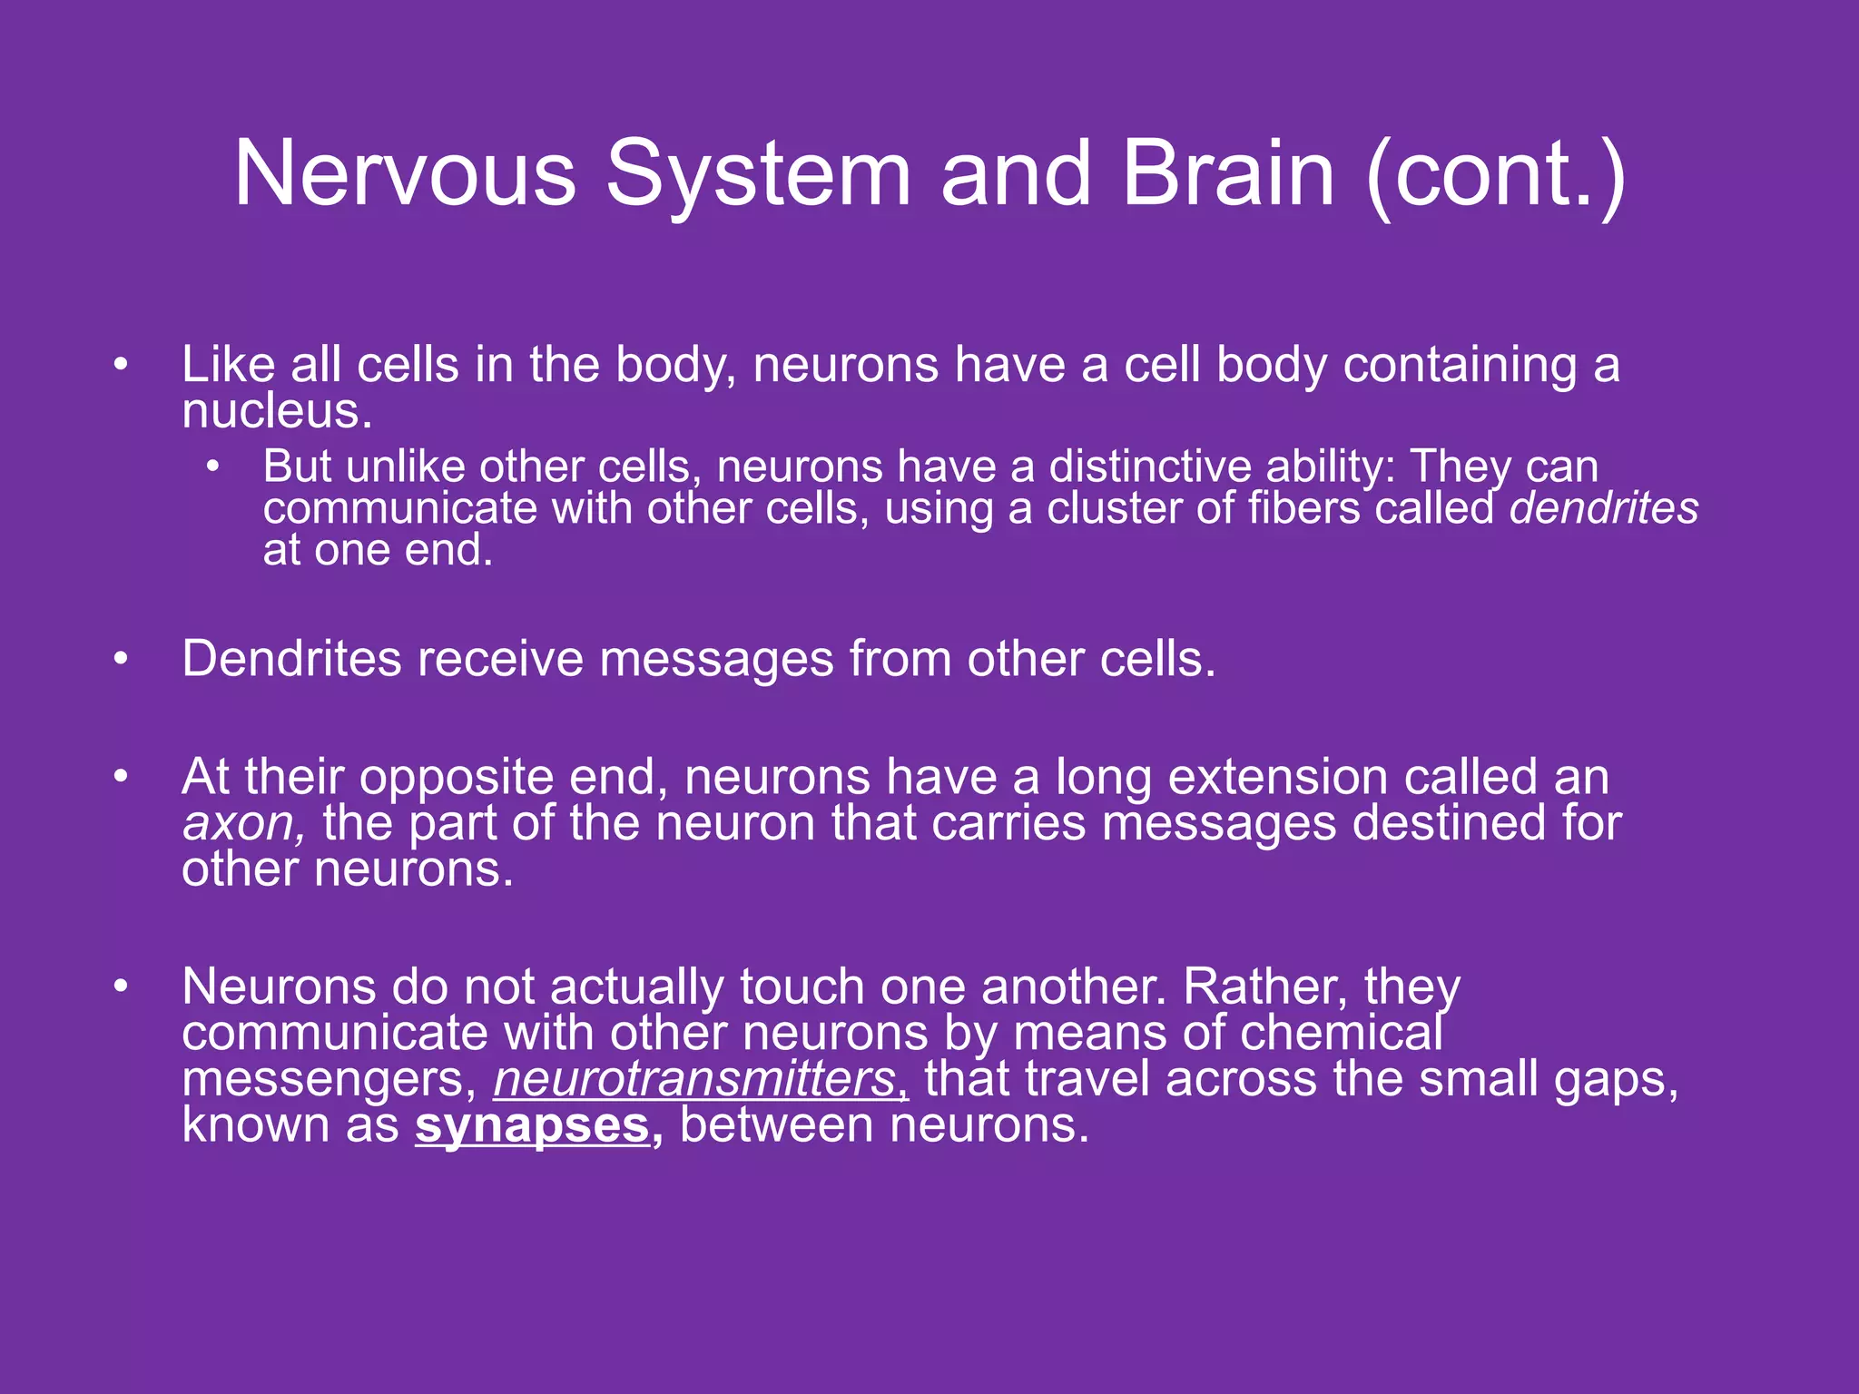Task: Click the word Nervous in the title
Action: point(405,173)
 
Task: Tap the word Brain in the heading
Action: point(1228,173)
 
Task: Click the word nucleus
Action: point(276,411)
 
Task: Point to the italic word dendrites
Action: point(1603,508)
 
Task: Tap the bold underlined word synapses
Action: point(533,1125)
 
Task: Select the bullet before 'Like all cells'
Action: point(122,366)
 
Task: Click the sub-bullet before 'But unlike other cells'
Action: point(212,467)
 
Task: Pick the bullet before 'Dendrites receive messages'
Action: point(122,660)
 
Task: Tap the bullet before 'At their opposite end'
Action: point(122,778)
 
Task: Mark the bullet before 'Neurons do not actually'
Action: point(122,987)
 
